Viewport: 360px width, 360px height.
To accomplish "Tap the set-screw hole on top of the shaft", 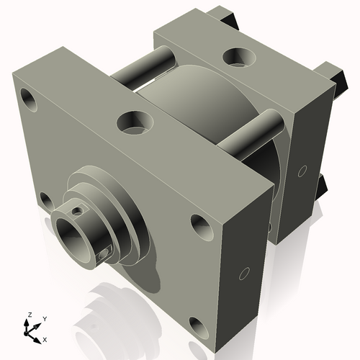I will click(76, 211).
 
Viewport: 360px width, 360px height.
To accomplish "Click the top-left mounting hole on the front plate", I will click(30, 96).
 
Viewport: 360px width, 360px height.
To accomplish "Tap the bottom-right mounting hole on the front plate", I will click(193, 326).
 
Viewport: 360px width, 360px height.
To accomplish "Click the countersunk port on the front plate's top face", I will click(134, 122).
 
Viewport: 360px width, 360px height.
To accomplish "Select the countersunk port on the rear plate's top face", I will click(237, 56).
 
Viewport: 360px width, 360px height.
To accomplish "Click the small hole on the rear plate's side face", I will click(302, 171).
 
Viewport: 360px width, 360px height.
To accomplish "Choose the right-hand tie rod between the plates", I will click(248, 133).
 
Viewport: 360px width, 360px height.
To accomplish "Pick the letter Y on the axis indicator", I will click(45, 318).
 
